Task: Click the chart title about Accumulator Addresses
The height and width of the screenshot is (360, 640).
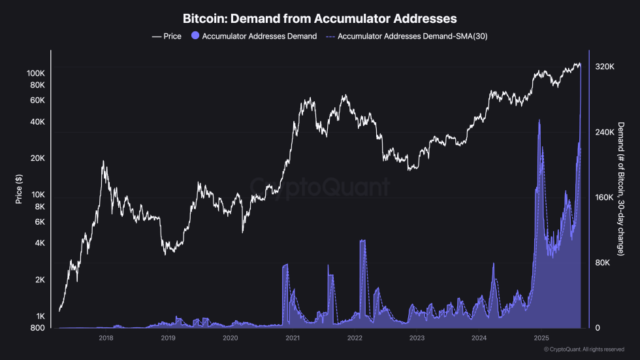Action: coord(319,18)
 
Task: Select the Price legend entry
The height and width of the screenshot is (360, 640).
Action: coord(167,37)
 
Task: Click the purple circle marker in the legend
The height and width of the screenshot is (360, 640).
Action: coord(195,37)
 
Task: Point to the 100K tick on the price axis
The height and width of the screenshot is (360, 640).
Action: coord(35,73)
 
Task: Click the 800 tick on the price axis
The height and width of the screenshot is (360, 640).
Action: coord(37,327)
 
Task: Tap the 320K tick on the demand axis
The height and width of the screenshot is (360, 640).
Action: coord(604,67)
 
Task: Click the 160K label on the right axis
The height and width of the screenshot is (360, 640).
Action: coord(604,197)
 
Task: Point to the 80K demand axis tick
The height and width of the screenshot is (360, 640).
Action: coord(602,263)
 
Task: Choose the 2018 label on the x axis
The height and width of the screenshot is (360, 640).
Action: coord(106,338)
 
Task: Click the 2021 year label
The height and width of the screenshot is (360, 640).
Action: coord(293,338)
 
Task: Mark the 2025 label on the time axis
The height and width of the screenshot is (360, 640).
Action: coord(541,338)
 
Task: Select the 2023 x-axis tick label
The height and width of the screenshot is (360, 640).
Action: coord(417,338)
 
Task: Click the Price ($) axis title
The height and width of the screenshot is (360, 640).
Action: coord(19,188)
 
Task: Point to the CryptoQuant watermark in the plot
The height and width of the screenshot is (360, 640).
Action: coord(320,188)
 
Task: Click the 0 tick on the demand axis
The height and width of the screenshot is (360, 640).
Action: coord(597,328)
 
